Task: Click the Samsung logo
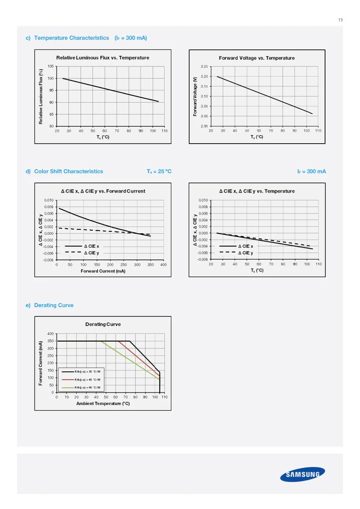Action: click(302, 474)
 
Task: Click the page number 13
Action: click(340, 20)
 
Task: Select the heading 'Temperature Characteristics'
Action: click(71, 38)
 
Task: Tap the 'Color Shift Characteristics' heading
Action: click(68, 171)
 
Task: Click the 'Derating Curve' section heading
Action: click(54, 305)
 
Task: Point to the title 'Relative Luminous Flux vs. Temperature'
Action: click(103, 58)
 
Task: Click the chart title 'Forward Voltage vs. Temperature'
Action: click(257, 58)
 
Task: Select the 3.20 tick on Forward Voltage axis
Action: click(204, 76)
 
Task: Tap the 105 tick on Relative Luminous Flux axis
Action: click(50, 66)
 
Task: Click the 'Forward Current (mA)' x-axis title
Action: click(103, 271)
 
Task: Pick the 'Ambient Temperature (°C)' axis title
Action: click(103, 404)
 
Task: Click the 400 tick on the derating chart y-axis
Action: click(50, 334)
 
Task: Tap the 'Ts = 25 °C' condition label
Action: click(159, 171)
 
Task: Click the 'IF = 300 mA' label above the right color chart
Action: click(311, 171)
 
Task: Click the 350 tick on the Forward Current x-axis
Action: click(150, 265)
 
